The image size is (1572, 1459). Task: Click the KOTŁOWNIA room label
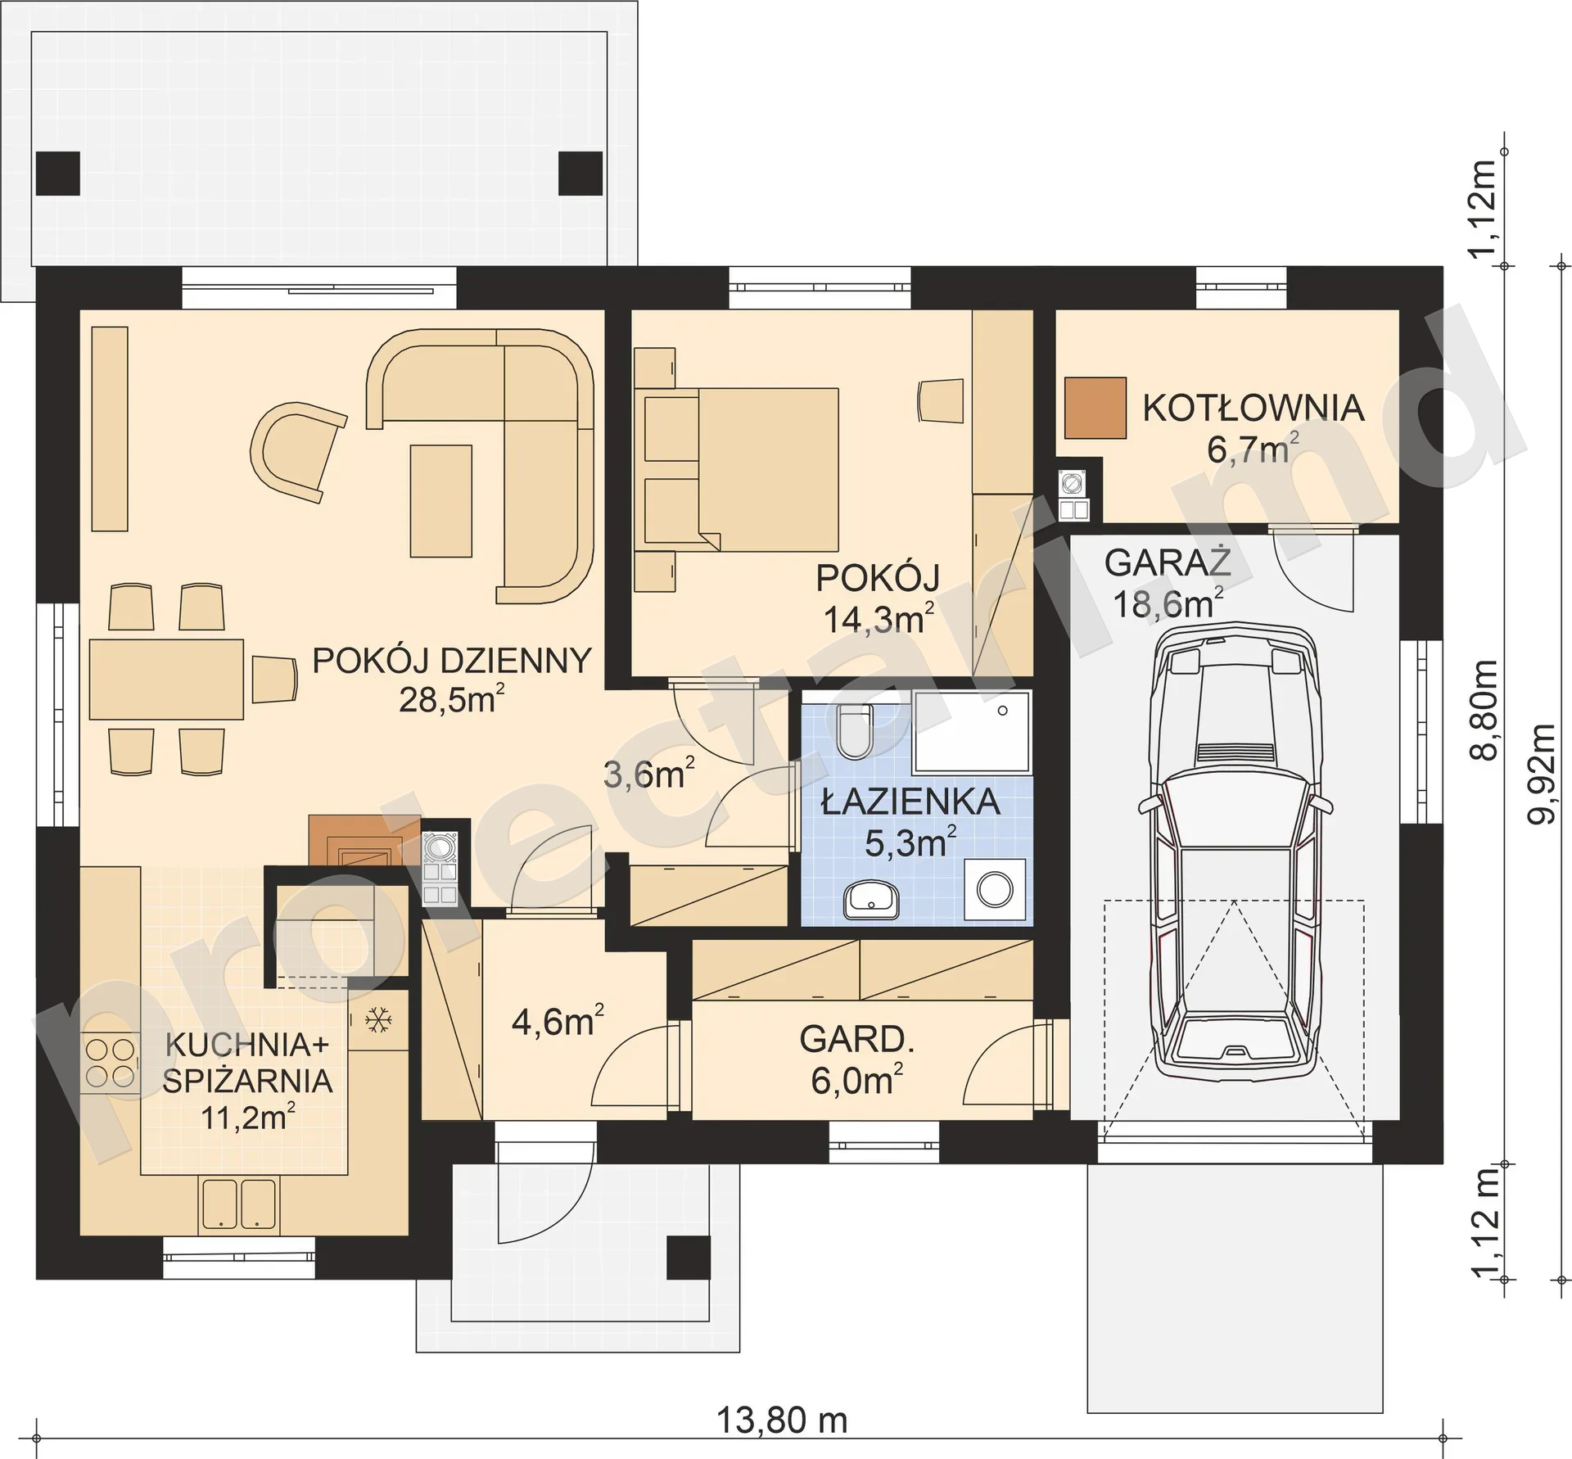pos(1254,408)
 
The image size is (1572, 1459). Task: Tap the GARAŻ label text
pos(1168,563)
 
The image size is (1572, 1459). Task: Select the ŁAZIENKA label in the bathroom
pos(910,802)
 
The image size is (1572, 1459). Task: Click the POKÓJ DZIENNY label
pos(452,660)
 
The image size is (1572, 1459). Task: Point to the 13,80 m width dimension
pos(782,1421)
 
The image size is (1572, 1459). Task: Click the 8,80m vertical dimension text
pos(1484,710)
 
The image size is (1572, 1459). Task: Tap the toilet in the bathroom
pos(856,730)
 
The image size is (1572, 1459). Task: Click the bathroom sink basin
pos(871,900)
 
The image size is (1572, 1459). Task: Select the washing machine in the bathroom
pos(996,888)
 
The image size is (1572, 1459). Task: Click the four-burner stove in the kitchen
pos(109,1062)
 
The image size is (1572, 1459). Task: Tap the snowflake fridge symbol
pos(377,1020)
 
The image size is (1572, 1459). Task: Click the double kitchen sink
pos(237,1203)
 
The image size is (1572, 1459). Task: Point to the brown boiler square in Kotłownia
pos(1095,408)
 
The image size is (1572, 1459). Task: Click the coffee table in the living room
pos(441,501)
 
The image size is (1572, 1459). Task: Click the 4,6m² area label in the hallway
pos(558,1021)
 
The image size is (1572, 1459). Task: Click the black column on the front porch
pos(688,1258)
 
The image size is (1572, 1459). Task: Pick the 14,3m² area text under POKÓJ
pos(879,619)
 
